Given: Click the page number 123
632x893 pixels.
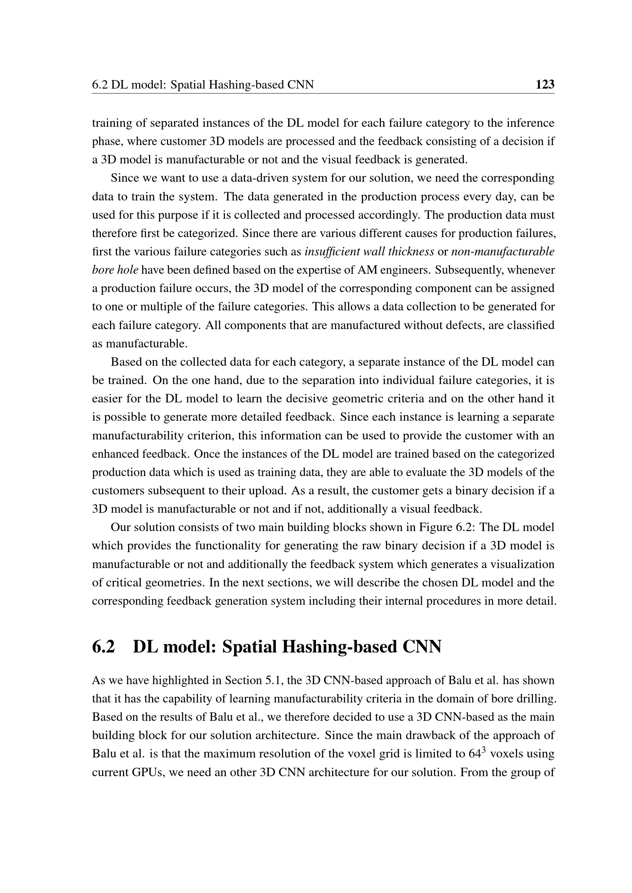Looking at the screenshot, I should [545, 84].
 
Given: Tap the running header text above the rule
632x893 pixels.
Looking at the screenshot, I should [203, 84].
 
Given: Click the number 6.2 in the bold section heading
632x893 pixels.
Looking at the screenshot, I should [104, 647].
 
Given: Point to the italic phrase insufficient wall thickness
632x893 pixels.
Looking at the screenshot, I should [369, 252].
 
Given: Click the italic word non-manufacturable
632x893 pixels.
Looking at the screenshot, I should [503, 252].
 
